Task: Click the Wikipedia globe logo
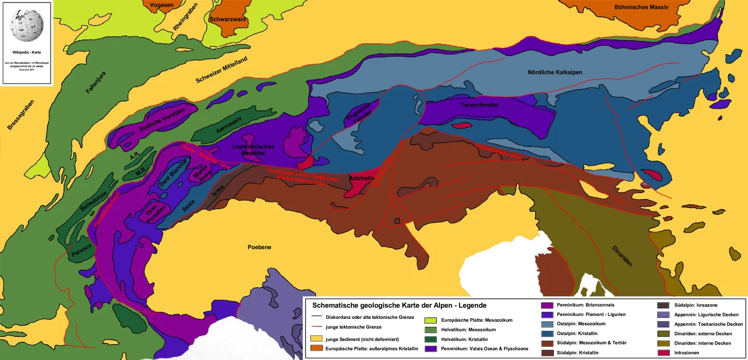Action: pyautogui.click(x=27, y=24)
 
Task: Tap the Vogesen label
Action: pyautogui.click(x=162, y=5)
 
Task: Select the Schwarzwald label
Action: pyautogui.click(x=228, y=19)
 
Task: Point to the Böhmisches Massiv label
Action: pyautogui.click(x=641, y=7)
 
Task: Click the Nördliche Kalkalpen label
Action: pyautogui.click(x=555, y=72)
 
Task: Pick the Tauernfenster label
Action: pyautogui.click(x=479, y=105)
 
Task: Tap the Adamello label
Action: pyautogui.click(x=361, y=178)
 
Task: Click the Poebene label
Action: pyautogui.click(x=259, y=247)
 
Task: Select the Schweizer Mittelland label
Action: pyautogui.click(x=221, y=70)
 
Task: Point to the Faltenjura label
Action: pyautogui.click(x=96, y=83)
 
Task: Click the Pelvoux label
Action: pyautogui.click(x=81, y=250)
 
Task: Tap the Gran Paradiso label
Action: pyautogui.click(x=155, y=213)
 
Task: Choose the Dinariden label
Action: pyautogui.click(x=622, y=256)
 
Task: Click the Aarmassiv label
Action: pyautogui.click(x=229, y=125)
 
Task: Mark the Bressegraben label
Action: pyautogui.click(x=21, y=115)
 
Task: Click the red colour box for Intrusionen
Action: pyautogui.click(x=663, y=353)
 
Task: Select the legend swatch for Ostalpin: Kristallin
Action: pyautogui.click(x=547, y=333)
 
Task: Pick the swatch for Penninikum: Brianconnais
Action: pyautogui.click(x=547, y=305)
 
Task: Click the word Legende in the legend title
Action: pyautogui.click(x=472, y=305)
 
